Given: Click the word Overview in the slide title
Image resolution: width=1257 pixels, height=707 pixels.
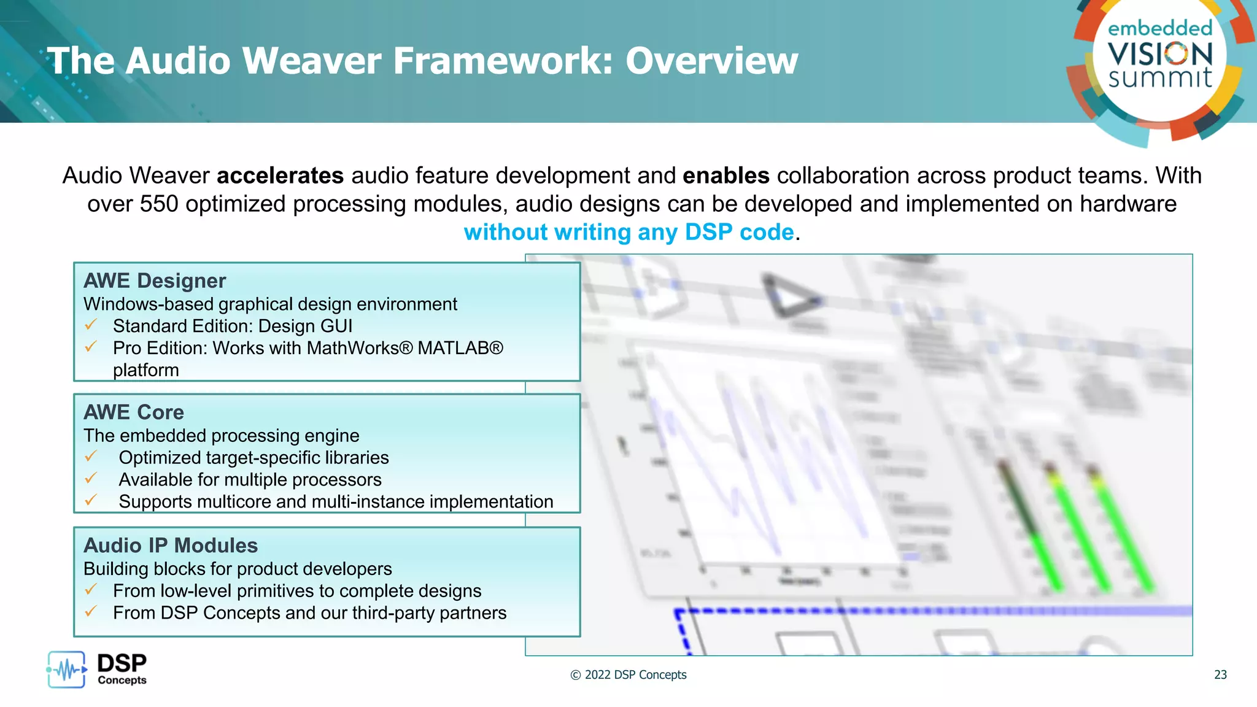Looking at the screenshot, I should (711, 61).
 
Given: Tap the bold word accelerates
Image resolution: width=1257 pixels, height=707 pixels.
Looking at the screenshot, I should (280, 176).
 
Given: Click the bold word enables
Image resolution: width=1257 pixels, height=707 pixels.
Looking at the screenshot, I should (725, 176).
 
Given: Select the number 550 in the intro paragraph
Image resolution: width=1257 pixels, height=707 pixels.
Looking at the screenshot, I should (159, 204).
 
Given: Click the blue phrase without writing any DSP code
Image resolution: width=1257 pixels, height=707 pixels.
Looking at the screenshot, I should (628, 233).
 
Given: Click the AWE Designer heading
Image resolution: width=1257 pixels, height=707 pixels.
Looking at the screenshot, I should (155, 281).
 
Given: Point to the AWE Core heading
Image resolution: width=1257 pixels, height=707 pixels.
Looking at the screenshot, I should (134, 412).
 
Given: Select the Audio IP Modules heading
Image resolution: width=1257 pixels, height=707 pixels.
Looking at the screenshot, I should (171, 546).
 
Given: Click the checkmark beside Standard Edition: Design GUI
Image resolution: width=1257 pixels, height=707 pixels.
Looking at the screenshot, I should (91, 325).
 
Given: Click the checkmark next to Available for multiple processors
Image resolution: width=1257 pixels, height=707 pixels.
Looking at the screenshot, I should (91, 478).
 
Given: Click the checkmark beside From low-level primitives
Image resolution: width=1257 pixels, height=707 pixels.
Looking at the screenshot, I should (91, 590).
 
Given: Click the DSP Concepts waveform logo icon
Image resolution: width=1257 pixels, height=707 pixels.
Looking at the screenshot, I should (66, 670).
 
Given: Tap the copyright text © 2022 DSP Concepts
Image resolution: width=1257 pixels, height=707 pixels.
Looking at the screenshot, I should (628, 675).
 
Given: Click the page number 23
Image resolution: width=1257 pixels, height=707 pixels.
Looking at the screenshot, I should (1220, 675).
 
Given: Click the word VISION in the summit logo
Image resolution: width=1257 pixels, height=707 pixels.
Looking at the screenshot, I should (1160, 54).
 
